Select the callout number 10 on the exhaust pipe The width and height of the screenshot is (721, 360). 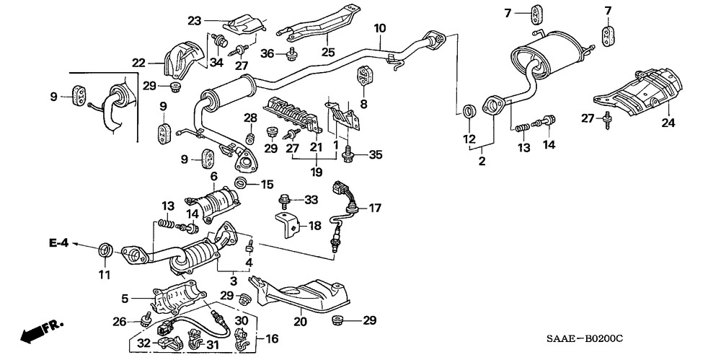pos(379,28)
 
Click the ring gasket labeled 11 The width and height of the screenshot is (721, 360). pos(106,250)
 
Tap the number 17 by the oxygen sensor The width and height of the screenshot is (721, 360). pos(374,208)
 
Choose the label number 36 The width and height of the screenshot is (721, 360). pos(267,53)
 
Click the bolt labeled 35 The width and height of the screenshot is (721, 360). pos(350,153)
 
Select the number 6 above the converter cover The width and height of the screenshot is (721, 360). pos(214,176)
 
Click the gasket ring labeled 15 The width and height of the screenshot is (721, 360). pos(242,184)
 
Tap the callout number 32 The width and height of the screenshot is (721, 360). pos(143,343)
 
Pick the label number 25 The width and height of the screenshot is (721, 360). pos(328,53)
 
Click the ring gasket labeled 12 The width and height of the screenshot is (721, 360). pos(469,111)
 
